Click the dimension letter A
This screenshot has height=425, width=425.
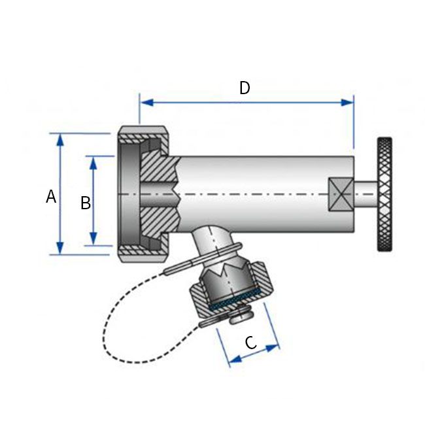tap(51, 196)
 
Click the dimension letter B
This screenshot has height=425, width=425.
tap(86, 203)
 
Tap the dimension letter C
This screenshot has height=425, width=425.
tap(250, 343)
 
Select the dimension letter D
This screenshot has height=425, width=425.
tap(245, 88)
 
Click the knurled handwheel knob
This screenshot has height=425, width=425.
tap(384, 194)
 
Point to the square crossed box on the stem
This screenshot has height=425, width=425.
tap(341, 194)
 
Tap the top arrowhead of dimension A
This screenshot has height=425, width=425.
tap(60, 139)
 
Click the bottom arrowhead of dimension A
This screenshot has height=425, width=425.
tap(60, 248)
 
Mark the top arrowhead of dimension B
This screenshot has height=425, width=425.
tap(93, 163)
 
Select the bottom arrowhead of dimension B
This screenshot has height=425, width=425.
tap(93, 239)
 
